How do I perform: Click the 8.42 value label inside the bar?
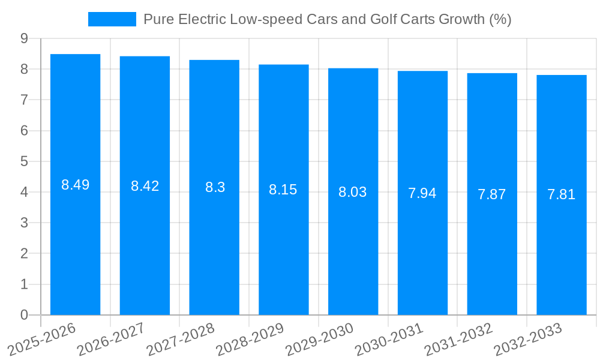[x=145, y=186]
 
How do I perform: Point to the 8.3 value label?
[x=214, y=187]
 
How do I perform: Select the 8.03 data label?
[x=353, y=192]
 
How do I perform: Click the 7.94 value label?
[x=422, y=193]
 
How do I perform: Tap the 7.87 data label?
[x=491, y=194]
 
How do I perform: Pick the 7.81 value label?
[x=561, y=194]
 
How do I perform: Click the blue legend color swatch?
[x=112, y=19]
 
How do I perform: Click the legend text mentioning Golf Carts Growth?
[x=327, y=19]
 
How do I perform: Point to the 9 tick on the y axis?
[x=24, y=38]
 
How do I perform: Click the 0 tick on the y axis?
[x=24, y=315]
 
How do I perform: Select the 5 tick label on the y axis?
[x=24, y=161]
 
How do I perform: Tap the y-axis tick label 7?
[x=24, y=100]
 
